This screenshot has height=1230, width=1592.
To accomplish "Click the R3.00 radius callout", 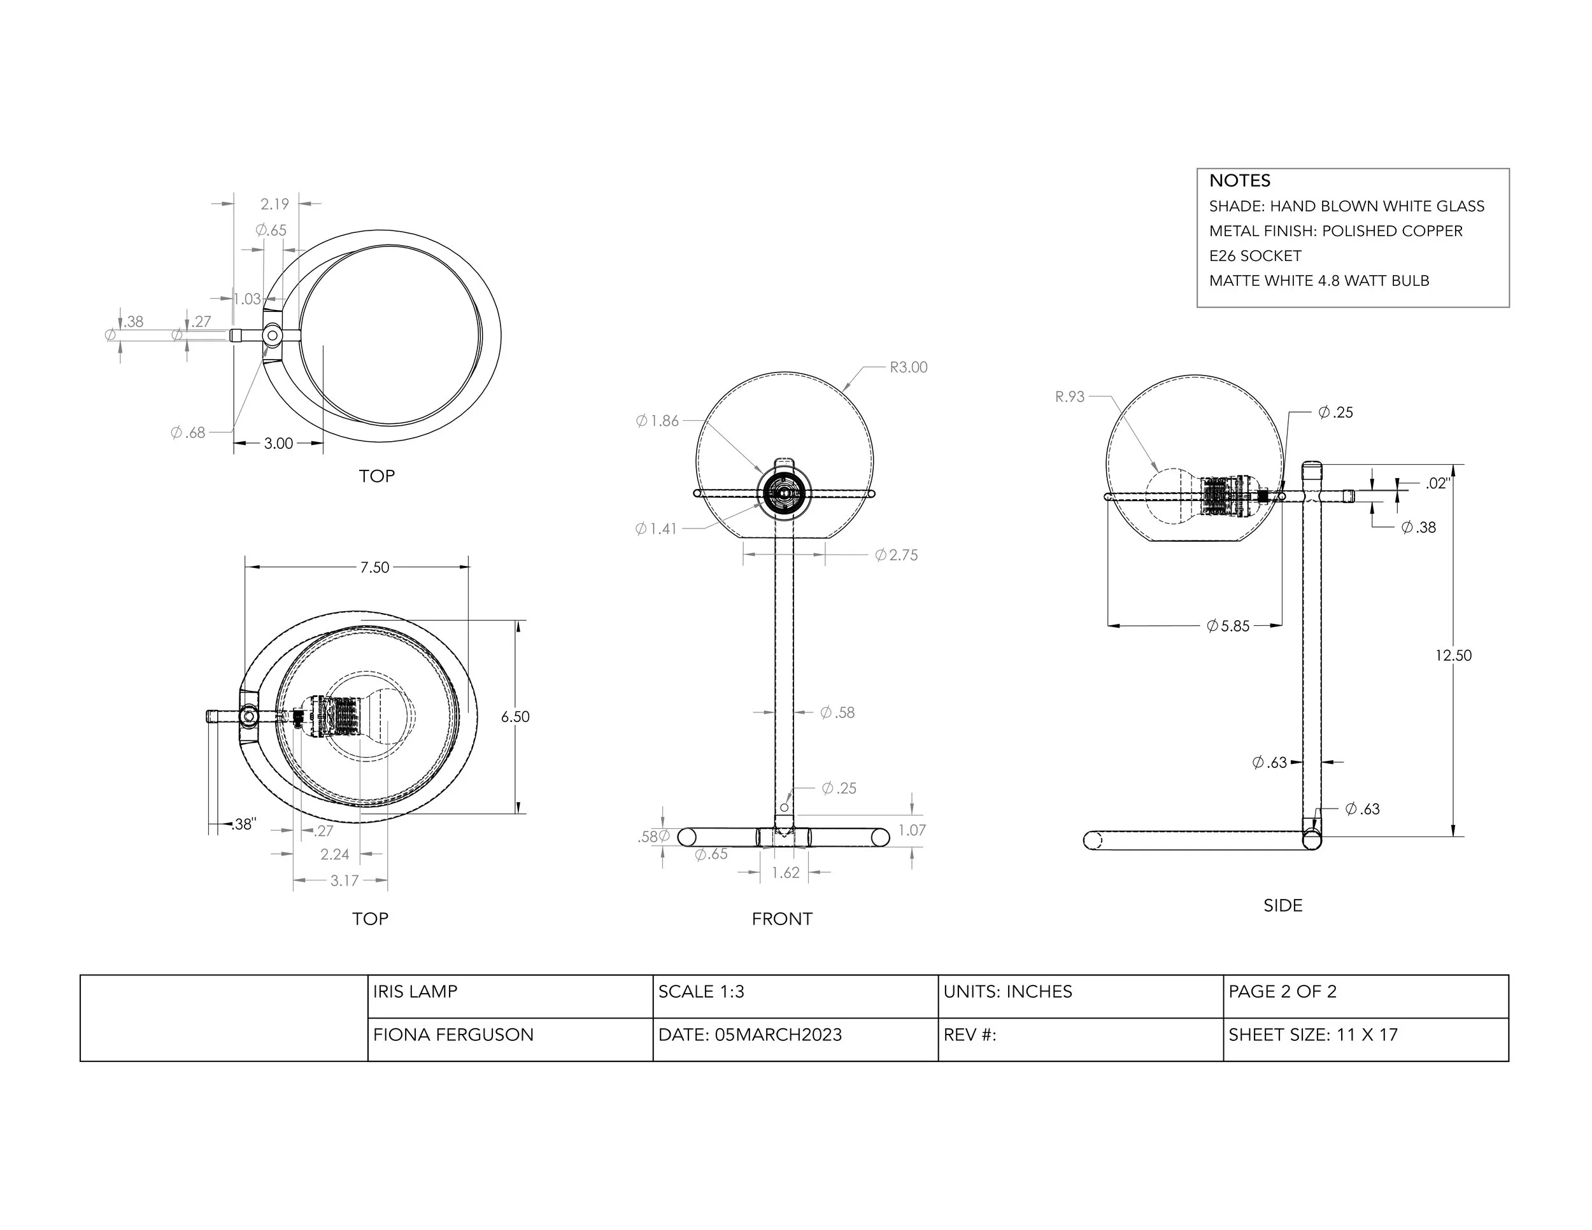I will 908,367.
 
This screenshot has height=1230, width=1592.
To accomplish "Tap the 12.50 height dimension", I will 1453,655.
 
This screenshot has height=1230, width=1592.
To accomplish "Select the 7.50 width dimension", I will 374,567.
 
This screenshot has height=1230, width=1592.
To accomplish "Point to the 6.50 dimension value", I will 515,716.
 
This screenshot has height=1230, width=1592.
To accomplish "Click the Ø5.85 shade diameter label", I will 1228,625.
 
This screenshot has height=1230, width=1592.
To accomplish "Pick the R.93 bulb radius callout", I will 1069,397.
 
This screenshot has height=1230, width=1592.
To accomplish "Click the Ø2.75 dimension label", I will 897,555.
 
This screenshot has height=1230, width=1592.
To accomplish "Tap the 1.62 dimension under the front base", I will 785,872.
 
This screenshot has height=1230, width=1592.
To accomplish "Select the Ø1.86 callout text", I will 658,420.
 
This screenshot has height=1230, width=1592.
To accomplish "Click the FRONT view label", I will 781,919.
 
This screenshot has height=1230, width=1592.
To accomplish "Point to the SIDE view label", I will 1283,905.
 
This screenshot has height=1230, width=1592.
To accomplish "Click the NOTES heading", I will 1239,181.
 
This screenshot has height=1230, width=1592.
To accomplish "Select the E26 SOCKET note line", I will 1254,256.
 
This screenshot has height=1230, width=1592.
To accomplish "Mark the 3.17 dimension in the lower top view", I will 344,880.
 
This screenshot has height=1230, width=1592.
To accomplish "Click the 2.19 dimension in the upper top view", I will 275,204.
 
